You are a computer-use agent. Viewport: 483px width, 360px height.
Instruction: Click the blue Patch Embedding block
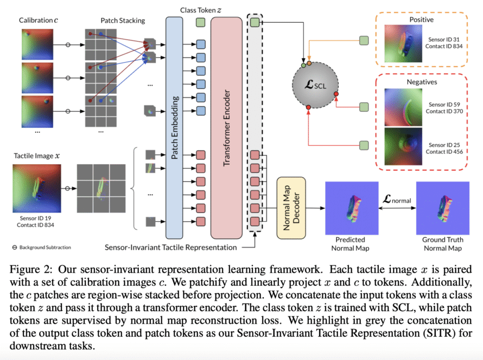[174, 128]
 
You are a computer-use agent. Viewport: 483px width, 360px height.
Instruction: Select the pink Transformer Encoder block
[226, 128]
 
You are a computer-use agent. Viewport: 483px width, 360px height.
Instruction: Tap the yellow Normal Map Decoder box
[291, 208]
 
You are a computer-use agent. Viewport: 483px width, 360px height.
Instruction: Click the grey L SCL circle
[315, 85]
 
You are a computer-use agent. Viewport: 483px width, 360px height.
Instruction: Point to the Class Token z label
[201, 10]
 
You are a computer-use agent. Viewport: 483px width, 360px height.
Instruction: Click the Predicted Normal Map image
[352, 208]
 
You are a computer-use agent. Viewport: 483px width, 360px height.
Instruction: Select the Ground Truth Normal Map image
[443, 208]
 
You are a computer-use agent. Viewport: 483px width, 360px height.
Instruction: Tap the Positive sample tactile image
[403, 43]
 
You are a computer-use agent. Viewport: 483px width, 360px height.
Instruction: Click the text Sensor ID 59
[444, 105]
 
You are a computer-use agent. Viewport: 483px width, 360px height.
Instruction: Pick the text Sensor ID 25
[444, 145]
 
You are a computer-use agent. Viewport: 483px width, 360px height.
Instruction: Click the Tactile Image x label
[37, 156]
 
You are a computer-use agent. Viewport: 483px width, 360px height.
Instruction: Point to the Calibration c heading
[38, 20]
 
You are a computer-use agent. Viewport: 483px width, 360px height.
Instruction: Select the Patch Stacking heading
[123, 21]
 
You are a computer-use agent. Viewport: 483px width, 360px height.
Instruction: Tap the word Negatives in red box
[422, 82]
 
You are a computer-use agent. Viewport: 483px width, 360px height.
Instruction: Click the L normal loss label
[397, 200]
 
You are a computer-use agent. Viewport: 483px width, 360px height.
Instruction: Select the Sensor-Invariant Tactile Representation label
[170, 247]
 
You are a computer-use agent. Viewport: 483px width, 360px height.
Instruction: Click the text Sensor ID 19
[35, 218]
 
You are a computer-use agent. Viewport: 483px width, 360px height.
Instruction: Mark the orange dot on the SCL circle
[309, 63]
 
